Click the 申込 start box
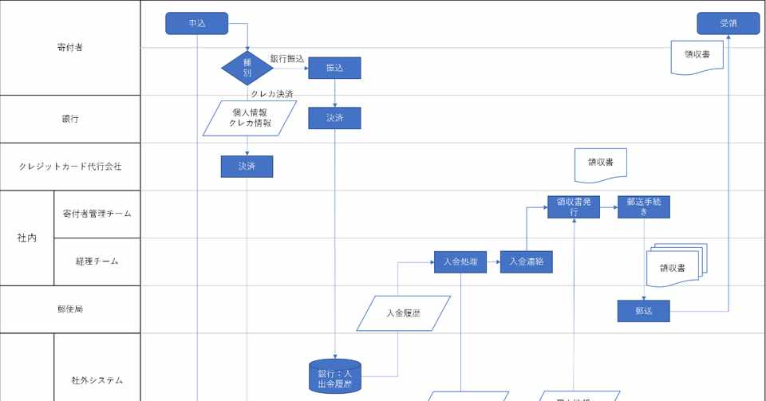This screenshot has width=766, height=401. coord(197,24)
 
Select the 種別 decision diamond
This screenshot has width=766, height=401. coord(247,68)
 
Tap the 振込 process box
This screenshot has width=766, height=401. coord(334,69)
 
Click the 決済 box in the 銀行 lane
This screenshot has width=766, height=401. coord(334,118)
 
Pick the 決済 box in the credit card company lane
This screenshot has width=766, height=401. coord(247,166)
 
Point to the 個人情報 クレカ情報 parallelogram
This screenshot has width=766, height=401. coord(250,118)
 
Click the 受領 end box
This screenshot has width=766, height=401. coord(728,24)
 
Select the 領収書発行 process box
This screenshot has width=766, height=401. coord(573,206)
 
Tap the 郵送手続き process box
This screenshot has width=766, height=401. coord(643,206)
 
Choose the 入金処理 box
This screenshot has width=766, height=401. coord(460,261)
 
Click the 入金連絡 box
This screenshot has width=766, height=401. coord(526,261)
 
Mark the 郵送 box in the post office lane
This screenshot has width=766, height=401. coord(643,311)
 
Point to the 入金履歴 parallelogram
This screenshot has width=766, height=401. coord(403,313)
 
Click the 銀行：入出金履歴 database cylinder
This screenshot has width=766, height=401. coord(334,375)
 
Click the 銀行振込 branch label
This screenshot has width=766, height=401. coord(287,59)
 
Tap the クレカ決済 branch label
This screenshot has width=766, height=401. coord(271,94)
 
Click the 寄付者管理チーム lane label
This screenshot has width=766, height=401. coord(97,214)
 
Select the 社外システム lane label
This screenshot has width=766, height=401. coord(97,380)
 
